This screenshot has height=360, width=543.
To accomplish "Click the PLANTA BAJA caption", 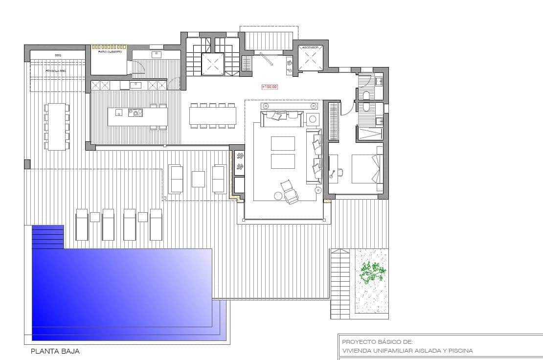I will [x=55, y=351].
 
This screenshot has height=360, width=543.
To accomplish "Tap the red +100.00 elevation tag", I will [x=270, y=87].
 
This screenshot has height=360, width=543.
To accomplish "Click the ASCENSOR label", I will [x=310, y=47].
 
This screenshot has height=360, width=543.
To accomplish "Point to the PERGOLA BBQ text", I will [x=55, y=71].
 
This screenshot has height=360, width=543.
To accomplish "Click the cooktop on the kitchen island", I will [x=135, y=112].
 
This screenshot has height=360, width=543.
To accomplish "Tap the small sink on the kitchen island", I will [x=118, y=112].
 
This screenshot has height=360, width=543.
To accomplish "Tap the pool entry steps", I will [x=48, y=237].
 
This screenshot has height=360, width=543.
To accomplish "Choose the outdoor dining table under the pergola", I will [x=57, y=126].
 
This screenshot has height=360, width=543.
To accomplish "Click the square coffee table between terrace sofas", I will [x=198, y=179].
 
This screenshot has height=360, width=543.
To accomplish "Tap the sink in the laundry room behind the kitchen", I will [x=157, y=54].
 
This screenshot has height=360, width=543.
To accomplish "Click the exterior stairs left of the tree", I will [x=340, y=284].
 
